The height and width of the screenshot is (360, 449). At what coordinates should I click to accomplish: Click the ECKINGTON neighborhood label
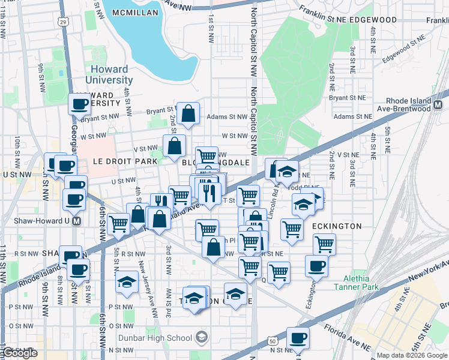tap(337, 226)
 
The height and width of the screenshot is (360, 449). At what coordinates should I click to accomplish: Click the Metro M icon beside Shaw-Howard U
tap(76, 220)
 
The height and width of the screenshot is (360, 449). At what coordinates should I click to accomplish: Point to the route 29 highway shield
tap(63, 22)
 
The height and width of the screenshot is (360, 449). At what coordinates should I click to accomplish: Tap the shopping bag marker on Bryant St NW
tap(188, 113)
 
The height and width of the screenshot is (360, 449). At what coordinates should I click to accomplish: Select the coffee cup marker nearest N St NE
tap(298, 338)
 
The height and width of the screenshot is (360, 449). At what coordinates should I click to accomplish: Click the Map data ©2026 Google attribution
tap(411, 355)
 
